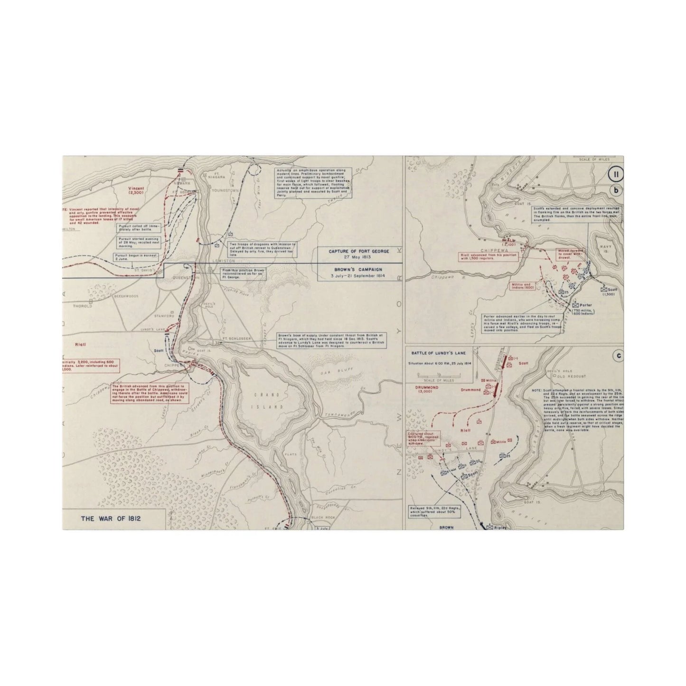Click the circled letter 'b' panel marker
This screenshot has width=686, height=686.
click(x=616, y=191)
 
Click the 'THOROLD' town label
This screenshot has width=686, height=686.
click(x=83, y=307)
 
